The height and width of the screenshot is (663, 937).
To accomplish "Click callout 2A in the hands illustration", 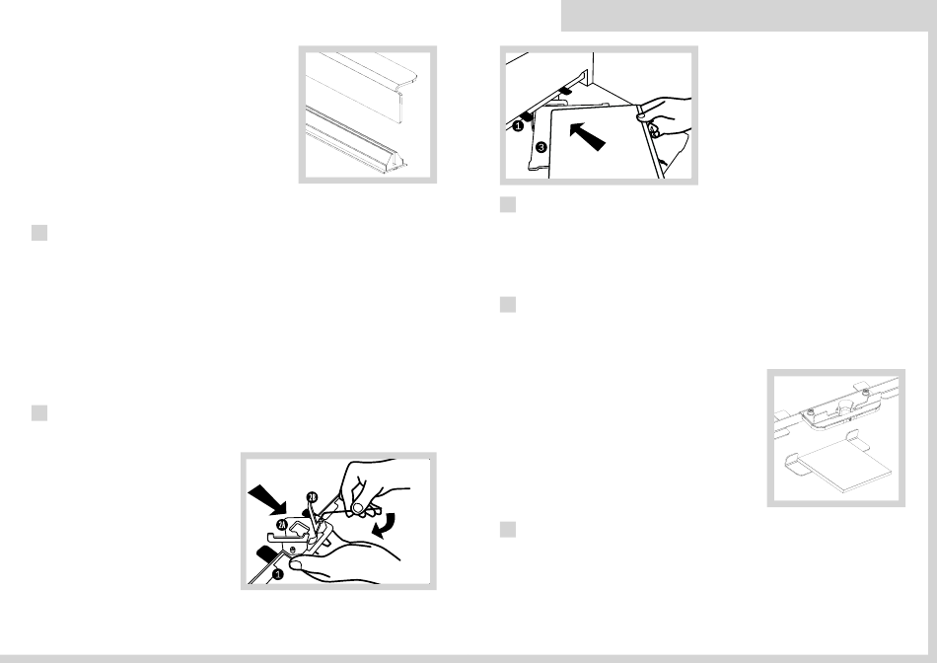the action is coord(283,525).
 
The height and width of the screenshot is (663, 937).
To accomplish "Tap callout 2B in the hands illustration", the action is coord(313,497).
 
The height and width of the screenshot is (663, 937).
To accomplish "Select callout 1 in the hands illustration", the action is coord(277,575).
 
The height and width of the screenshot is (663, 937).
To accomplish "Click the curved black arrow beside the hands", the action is coord(383,524).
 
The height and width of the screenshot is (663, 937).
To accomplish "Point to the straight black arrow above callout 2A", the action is coord(267,499).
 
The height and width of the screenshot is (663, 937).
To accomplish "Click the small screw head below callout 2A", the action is coord(292,549).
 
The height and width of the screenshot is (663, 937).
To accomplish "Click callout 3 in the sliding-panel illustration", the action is coord(541,146).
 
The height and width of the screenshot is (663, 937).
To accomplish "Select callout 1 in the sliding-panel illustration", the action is coord(518,126).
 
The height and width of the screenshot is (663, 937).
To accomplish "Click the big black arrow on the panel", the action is coord(588,136).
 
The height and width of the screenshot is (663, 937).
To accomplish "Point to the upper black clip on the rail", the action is coord(564,91).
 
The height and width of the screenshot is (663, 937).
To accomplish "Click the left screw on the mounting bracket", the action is coord(811,412).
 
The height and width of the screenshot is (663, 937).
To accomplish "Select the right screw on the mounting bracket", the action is coord(865,393).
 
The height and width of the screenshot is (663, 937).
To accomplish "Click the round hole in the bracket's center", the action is coord(844,405).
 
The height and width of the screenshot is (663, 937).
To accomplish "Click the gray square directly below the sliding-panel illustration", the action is coord(508,204).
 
